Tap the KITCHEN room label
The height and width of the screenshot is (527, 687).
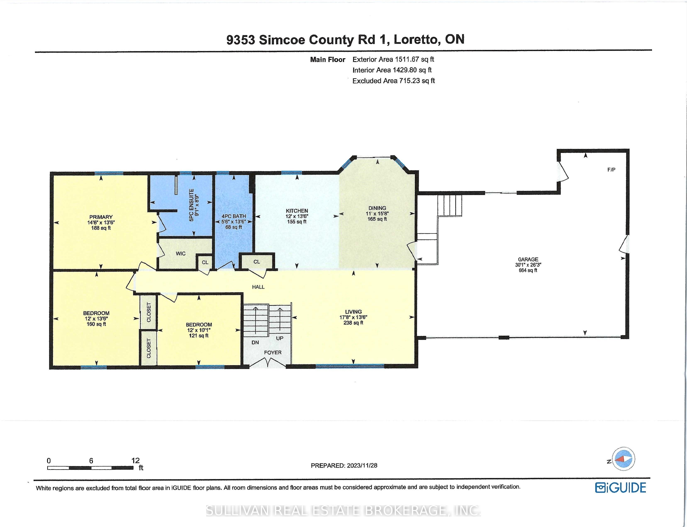[297, 211]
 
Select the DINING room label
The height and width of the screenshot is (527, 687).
[377, 208]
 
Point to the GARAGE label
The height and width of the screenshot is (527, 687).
[528, 259]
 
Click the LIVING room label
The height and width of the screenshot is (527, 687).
[353, 312]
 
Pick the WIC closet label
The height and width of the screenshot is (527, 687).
[181, 254]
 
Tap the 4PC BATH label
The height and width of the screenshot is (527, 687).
[234, 216]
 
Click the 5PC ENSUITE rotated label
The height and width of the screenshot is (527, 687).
[191, 205]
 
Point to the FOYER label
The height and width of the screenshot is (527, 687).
[273, 353]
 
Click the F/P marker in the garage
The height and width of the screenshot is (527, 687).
[611, 170]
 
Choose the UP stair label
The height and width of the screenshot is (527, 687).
[280, 338]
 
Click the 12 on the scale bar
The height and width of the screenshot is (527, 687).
[135, 461]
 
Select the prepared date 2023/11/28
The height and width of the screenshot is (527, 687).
[362, 465]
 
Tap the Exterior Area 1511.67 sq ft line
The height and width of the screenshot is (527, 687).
[393, 59]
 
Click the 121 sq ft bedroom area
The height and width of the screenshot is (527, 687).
[199, 336]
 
